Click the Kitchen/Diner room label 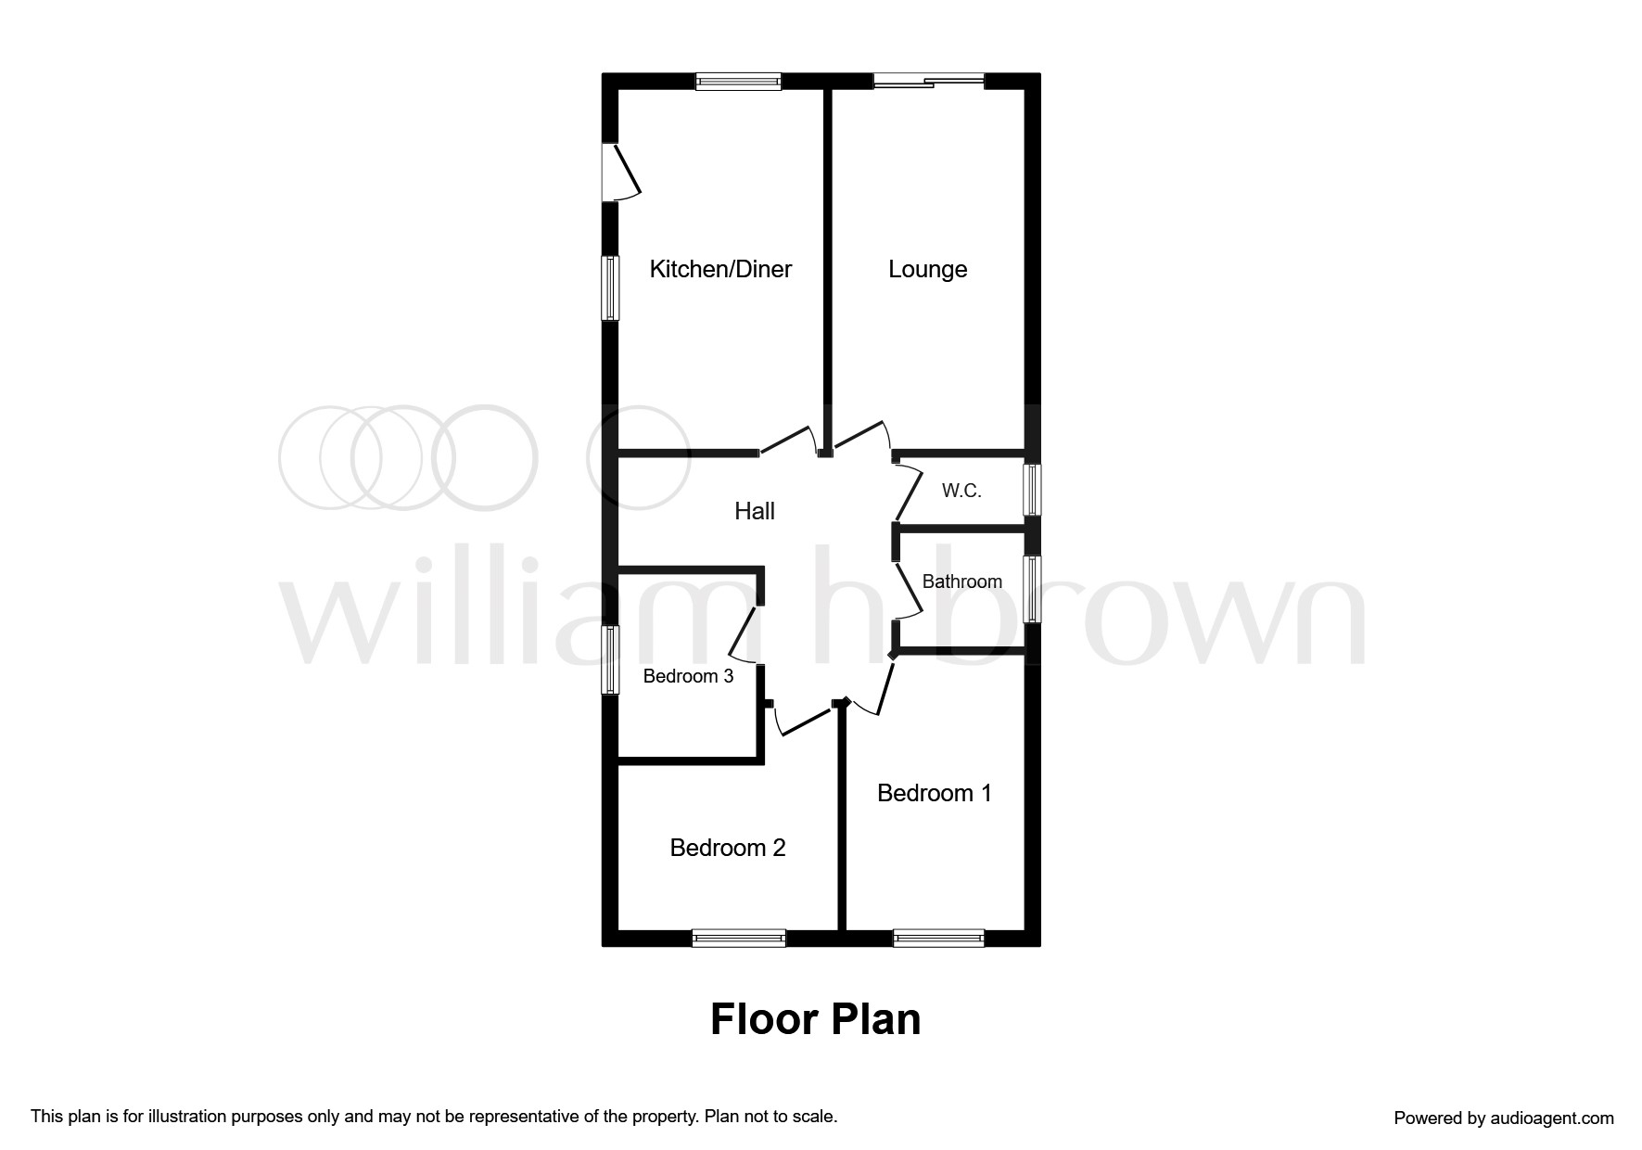coord(720,269)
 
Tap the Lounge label coord(927,270)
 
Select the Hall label coord(754,511)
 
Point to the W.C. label coord(961,491)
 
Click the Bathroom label coord(961,581)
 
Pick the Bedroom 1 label coord(934,793)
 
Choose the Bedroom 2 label coord(728,848)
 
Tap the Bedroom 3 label coord(688,676)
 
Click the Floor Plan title coord(815,1019)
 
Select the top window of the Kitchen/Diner coord(739,82)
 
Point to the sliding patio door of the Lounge coord(928,82)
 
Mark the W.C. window coord(1032,490)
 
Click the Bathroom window coord(1032,589)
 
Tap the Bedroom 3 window coord(610,659)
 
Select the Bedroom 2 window coord(739,939)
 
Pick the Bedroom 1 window coord(938,939)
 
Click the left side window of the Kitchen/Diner coord(610,288)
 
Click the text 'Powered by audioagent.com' coord(1504,1118)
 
